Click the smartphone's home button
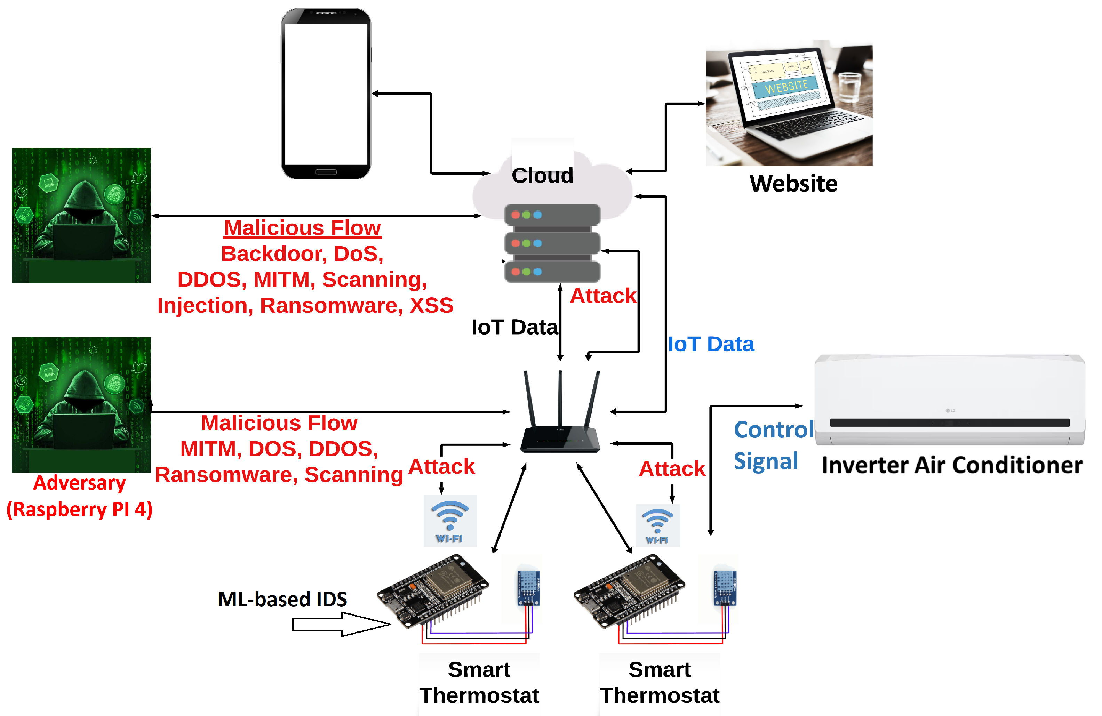point(326,172)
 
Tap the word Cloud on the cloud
point(542,175)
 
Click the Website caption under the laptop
point(793,184)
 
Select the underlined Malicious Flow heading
point(302,228)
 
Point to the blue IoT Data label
point(710,344)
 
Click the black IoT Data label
point(514,327)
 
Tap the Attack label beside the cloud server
point(603,296)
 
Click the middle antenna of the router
point(560,398)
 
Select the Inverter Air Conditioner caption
point(951,465)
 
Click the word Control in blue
point(773,429)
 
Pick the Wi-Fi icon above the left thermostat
point(449,521)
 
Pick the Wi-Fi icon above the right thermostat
point(657,525)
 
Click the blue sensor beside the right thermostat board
point(725,586)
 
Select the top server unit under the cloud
point(552,215)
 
